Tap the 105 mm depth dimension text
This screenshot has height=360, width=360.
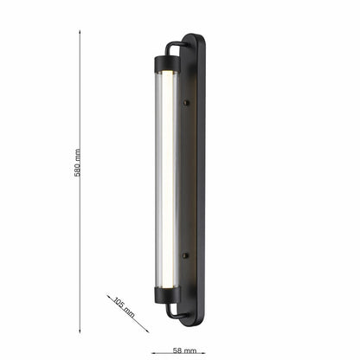point(124,306)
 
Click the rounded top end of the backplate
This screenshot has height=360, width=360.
point(195,40)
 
